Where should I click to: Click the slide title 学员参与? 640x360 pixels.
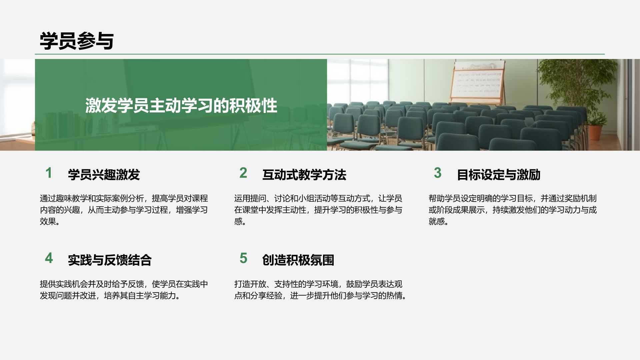[77, 41]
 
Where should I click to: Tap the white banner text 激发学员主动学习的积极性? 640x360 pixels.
[181, 106]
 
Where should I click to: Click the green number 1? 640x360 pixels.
[49, 173]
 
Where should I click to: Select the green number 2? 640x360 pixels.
[243, 173]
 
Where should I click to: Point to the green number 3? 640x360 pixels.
[438, 173]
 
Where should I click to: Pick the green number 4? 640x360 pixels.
[49, 258]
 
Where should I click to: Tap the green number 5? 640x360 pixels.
[243, 258]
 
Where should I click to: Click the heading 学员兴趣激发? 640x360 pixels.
[104, 175]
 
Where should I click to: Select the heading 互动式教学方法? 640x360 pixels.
[304, 175]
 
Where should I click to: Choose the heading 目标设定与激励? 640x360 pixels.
[498, 175]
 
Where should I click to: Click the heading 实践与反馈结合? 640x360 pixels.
[110, 260]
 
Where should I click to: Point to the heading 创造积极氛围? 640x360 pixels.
[298, 260]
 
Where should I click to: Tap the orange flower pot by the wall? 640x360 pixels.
[595, 132]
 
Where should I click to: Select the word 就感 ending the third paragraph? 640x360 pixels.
[437, 221]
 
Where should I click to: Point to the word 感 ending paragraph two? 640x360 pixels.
[238, 221]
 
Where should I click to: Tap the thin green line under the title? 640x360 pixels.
[320, 54]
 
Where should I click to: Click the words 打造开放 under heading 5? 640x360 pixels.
[250, 284]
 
